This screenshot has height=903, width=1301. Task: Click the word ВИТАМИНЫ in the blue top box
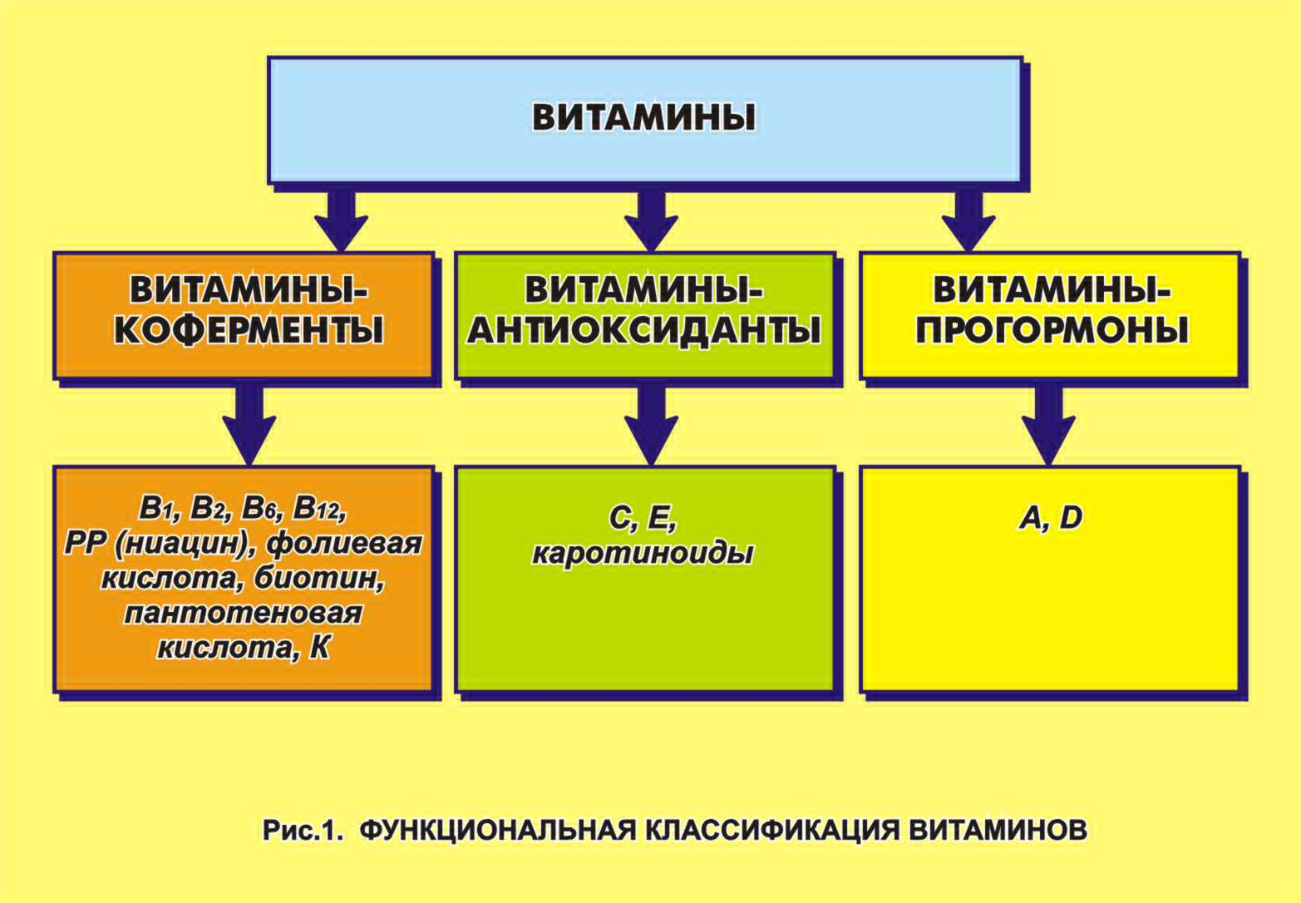click(x=644, y=118)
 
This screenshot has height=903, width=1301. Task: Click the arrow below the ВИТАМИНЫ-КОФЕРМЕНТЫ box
click(x=249, y=426)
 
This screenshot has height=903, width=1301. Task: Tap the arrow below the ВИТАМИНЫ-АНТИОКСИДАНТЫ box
click(x=651, y=426)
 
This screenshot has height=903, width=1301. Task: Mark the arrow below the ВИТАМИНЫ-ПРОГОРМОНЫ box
click(x=1049, y=426)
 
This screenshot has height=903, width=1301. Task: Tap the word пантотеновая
click(x=244, y=614)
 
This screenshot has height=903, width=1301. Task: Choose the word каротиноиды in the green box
click(x=643, y=554)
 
